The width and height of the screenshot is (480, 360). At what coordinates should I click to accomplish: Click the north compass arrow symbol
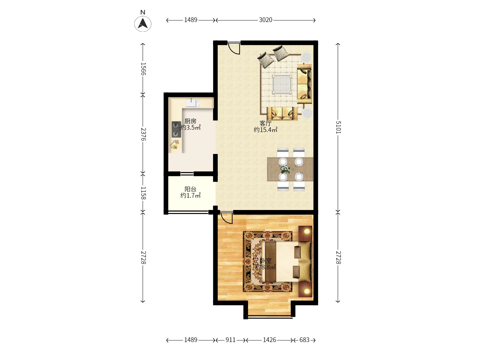click(x=143, y=24)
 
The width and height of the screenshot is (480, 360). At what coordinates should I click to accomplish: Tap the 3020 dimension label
click(x=265, y=20)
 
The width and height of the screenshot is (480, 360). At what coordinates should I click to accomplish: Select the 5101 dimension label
click(x=338, y=127)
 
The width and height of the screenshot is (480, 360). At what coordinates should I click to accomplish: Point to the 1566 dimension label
click(x=143, y=69)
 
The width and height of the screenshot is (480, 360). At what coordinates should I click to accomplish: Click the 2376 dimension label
click(x=143, y=134)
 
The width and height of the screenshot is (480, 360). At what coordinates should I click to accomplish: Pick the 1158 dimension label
click(x=143, y=193)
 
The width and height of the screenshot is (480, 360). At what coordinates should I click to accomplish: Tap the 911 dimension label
click(x=230, y=340)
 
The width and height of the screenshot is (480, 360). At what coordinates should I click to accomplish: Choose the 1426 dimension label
click(x=269, y=340)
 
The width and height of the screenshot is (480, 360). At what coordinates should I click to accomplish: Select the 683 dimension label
click(x=304, y=340)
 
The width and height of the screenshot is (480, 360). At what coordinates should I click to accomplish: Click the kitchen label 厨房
click(x=190, y=121)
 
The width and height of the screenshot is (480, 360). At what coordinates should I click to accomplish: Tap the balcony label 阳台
click(x=190, y=189)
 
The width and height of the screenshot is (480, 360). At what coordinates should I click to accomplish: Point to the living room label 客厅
click(x=265, y=123)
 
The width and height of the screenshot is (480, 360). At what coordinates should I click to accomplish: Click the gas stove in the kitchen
click(x=176, y=129)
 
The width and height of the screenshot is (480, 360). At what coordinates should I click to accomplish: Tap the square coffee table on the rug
click(x=282, y=84)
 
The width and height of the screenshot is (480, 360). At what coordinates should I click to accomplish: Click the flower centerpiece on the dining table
click(x=285, y=169)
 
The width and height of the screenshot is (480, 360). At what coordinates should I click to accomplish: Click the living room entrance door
click(x=234, y=48)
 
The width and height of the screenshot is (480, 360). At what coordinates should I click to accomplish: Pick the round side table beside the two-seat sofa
click(x=308, y=113)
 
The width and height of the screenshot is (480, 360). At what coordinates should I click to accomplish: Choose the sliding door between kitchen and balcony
click(x=187, y=174)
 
